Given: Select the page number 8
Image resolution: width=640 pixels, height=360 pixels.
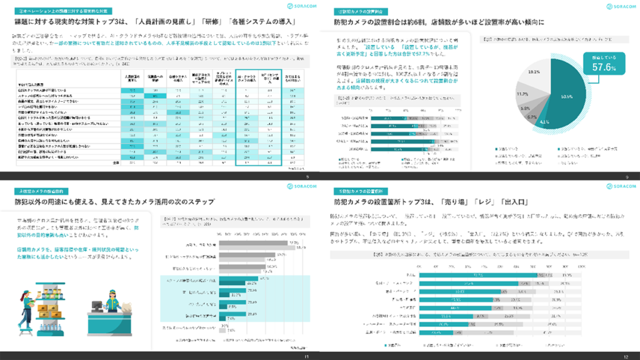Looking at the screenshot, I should coord(307,176).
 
